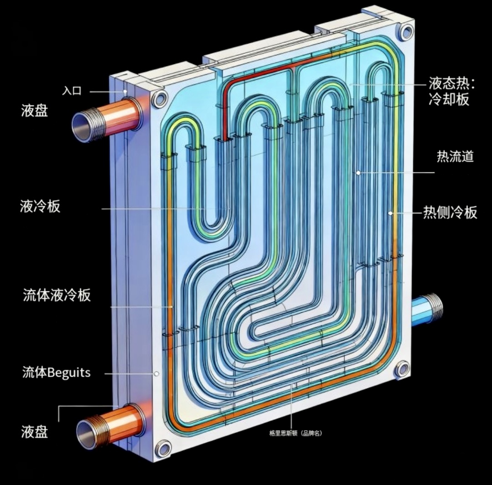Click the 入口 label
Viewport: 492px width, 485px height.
click(72, 91)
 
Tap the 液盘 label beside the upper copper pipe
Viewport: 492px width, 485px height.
click(34, 111)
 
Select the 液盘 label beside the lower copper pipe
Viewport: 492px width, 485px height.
click(34, 431)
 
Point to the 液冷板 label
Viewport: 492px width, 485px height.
click(40, 207)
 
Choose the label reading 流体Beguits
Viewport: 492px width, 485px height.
click(56, 373)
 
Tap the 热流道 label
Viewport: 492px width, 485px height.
click(455, 157)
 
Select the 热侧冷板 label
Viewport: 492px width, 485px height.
click(450, 212)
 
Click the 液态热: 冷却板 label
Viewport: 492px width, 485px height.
click(451, 91)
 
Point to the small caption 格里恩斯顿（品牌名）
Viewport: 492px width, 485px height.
click(295, 433)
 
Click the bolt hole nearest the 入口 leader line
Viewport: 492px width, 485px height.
click(160, 99)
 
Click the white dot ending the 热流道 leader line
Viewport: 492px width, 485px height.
click(359, 173)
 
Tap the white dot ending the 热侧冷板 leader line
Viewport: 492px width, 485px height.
click(390, 213)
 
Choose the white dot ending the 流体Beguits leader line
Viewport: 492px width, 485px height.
click(156, 373)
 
